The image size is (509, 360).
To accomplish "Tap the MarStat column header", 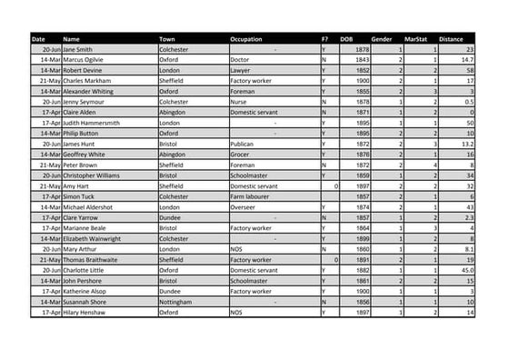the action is [x=416, y=39].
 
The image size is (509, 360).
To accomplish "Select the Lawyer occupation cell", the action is [x=241, y=69].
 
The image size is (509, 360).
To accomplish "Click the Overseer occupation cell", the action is [x=245, y=207].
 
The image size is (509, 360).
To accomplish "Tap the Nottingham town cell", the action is [x=176, y=301].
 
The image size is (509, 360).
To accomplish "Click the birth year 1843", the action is [x=362, y=59].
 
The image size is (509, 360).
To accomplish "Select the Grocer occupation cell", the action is [x=242, y=155].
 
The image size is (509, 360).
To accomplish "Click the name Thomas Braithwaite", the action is [x=93, y=259].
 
